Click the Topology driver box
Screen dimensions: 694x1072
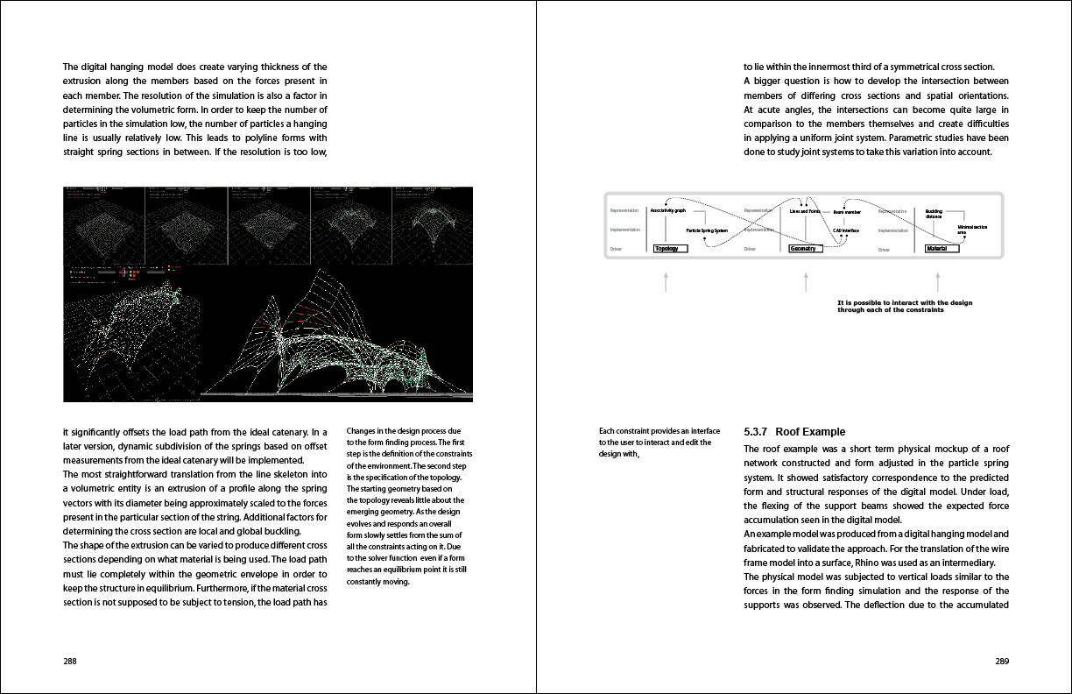point(671,249)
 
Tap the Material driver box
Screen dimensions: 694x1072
point(942,249)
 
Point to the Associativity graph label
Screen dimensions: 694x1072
point(667,211)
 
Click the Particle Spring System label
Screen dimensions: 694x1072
point(707,230)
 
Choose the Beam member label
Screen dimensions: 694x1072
point(847,212)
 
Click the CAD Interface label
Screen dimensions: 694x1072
point(845,230)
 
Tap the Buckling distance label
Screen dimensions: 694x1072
point(934,214)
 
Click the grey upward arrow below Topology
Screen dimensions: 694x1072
point(666,280)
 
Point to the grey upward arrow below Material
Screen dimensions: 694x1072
point(937,280)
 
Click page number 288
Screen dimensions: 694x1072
point(70,662)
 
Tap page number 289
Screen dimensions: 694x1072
point(1002,662)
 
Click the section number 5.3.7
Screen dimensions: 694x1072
point(756,432)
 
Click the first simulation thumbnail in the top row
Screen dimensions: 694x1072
point(104,224)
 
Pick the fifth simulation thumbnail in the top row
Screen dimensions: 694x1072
point(433,224)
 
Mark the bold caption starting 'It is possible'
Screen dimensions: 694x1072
point(904,307)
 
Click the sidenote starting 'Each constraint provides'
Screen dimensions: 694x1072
point(659,443)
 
